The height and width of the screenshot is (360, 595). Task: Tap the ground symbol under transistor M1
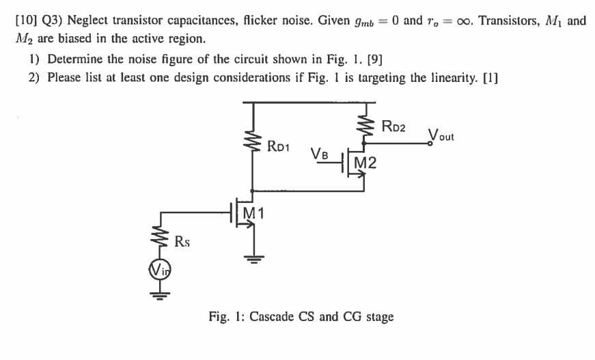coord(254,258)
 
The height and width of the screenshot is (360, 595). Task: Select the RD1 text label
coord(281,145)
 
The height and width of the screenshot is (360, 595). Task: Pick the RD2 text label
coord(396,124)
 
